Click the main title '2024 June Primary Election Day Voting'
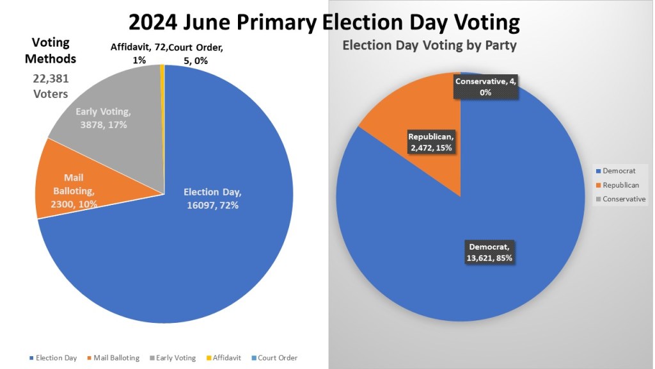pos(324,22)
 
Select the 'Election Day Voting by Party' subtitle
pos(429,45)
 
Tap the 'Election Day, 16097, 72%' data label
pos(213,198)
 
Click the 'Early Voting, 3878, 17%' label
pos(102,118)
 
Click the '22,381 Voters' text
pos(51,85)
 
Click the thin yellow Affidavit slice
pos(162,96)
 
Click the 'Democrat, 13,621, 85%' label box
pos(489,252)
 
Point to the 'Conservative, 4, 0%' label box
pos(485,86)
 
